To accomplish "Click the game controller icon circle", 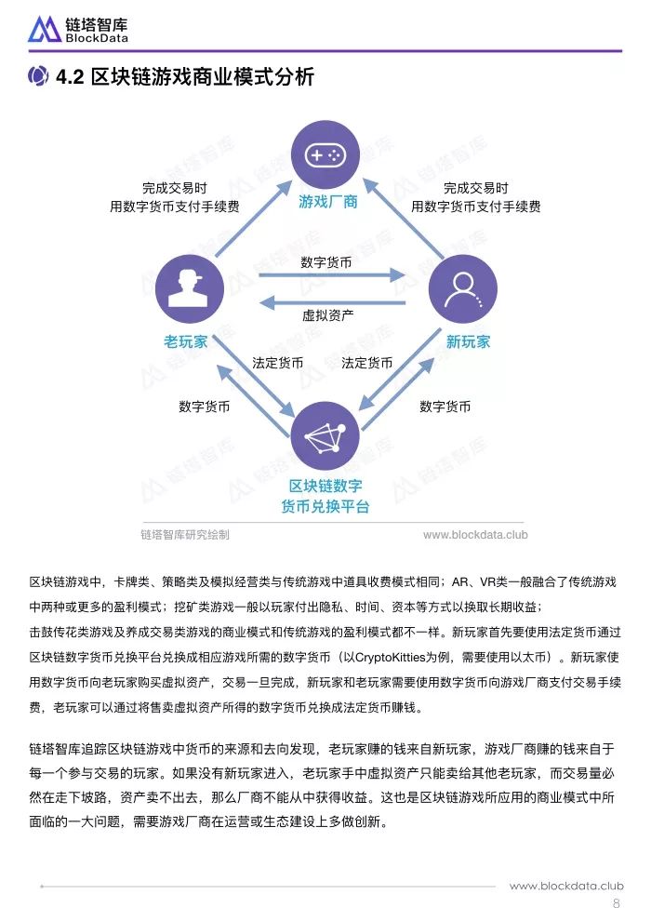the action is coord(325,154).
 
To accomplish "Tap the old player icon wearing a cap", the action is coord(189,289).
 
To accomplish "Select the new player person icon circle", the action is coord(462,289).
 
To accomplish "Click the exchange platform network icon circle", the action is coord(325,436).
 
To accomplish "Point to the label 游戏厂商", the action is coord(327,202).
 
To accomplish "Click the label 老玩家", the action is coord(185,341).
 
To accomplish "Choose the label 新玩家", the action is coord(468,341).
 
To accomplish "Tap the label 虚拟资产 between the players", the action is coord(327,315).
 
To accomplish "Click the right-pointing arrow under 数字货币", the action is coord(332,274).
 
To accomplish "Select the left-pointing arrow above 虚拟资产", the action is coord(332,303).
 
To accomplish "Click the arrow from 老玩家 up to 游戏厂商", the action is coord(254,219).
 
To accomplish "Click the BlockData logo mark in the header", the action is coord(45,29).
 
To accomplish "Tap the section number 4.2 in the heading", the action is coord(71,77).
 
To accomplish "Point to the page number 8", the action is coord(616,903).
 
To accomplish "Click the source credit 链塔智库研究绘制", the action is coord(185,535).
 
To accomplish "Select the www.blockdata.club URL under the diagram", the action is coord(475,535).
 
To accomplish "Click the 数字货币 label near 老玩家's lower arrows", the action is coord(205,407).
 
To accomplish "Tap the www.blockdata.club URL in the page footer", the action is coord(566,886).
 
